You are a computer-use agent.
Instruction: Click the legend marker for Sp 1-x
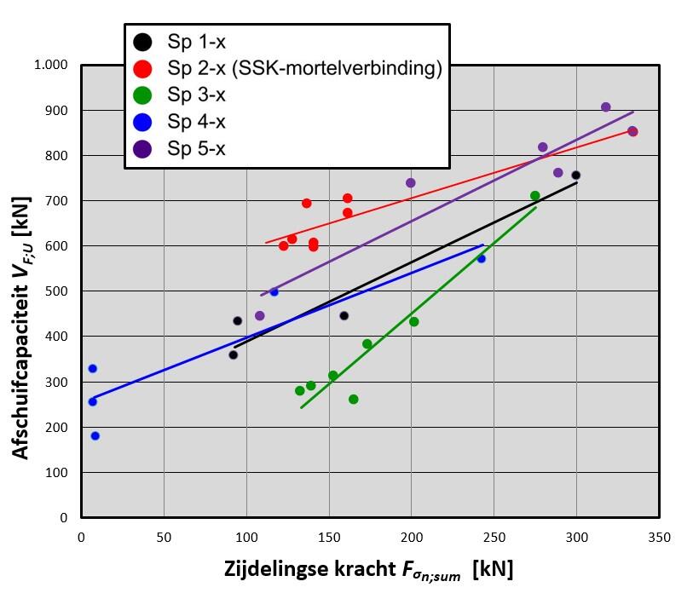(x=142, y=41)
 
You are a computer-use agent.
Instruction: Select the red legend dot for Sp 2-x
(x=142, y=68)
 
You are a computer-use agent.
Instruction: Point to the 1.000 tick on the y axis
(x=52, y=66)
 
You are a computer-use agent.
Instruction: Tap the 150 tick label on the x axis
(x=328, y=538)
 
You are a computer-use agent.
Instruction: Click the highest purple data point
(x=606, y=107)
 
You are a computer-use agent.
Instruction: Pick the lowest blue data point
(x=95, y=435)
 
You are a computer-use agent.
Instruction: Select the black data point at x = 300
(x=576, y=176)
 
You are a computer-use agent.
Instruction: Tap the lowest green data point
(x=354, y=399)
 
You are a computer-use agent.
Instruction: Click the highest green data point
(x=535, y=196)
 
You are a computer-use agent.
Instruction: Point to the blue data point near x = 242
(x=482, y=258)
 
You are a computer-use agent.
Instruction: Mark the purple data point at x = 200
(x=411, y=182)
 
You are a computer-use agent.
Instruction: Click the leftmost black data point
(x=233, y=354)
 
